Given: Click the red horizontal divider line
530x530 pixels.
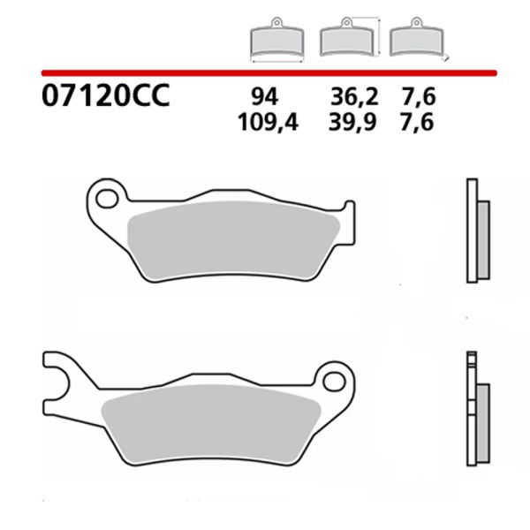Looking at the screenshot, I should [265, 72].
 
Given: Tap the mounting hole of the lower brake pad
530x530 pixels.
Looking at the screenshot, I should [333, 382].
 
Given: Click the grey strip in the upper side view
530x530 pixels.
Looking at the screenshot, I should [482, 241].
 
